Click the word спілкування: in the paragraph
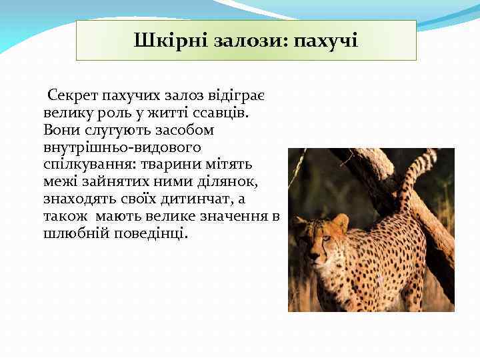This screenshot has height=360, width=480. (x=85, y=165)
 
